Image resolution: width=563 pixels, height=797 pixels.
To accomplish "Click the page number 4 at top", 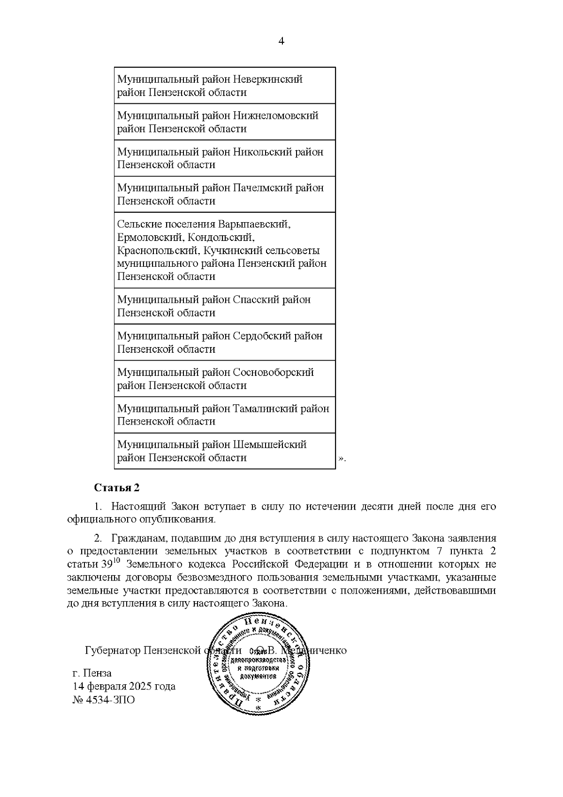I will point(281,41).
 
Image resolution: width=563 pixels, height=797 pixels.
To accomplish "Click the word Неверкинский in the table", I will point(268,79).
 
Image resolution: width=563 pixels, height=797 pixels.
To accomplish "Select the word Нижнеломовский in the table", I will point(275,116).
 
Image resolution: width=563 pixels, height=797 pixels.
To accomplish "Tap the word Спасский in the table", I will point(256,300).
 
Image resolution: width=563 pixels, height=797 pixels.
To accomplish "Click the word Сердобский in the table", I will point(262,336).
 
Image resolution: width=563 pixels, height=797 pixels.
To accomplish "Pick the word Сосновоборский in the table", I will point(273,372).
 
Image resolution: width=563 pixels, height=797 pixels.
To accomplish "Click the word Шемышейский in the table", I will point(270,445).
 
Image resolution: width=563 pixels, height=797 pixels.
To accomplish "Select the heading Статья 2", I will point(117,487).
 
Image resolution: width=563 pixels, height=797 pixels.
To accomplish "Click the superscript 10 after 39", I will point(117,560).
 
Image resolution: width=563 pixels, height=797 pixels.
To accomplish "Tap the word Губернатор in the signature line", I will point(113,651).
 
